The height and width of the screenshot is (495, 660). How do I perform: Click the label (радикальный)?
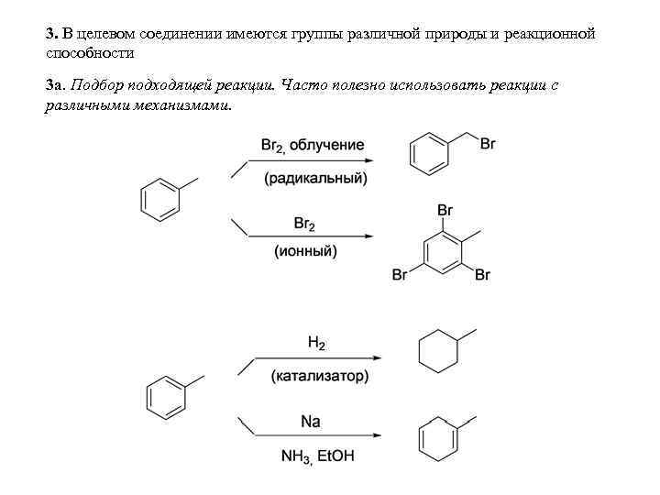315,178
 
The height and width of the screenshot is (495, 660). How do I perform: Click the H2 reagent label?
316,343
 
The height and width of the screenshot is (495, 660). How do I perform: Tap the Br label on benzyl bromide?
489,144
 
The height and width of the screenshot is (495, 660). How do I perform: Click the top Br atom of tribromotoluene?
445,210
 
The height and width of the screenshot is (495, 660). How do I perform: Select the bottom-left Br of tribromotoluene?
400,275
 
